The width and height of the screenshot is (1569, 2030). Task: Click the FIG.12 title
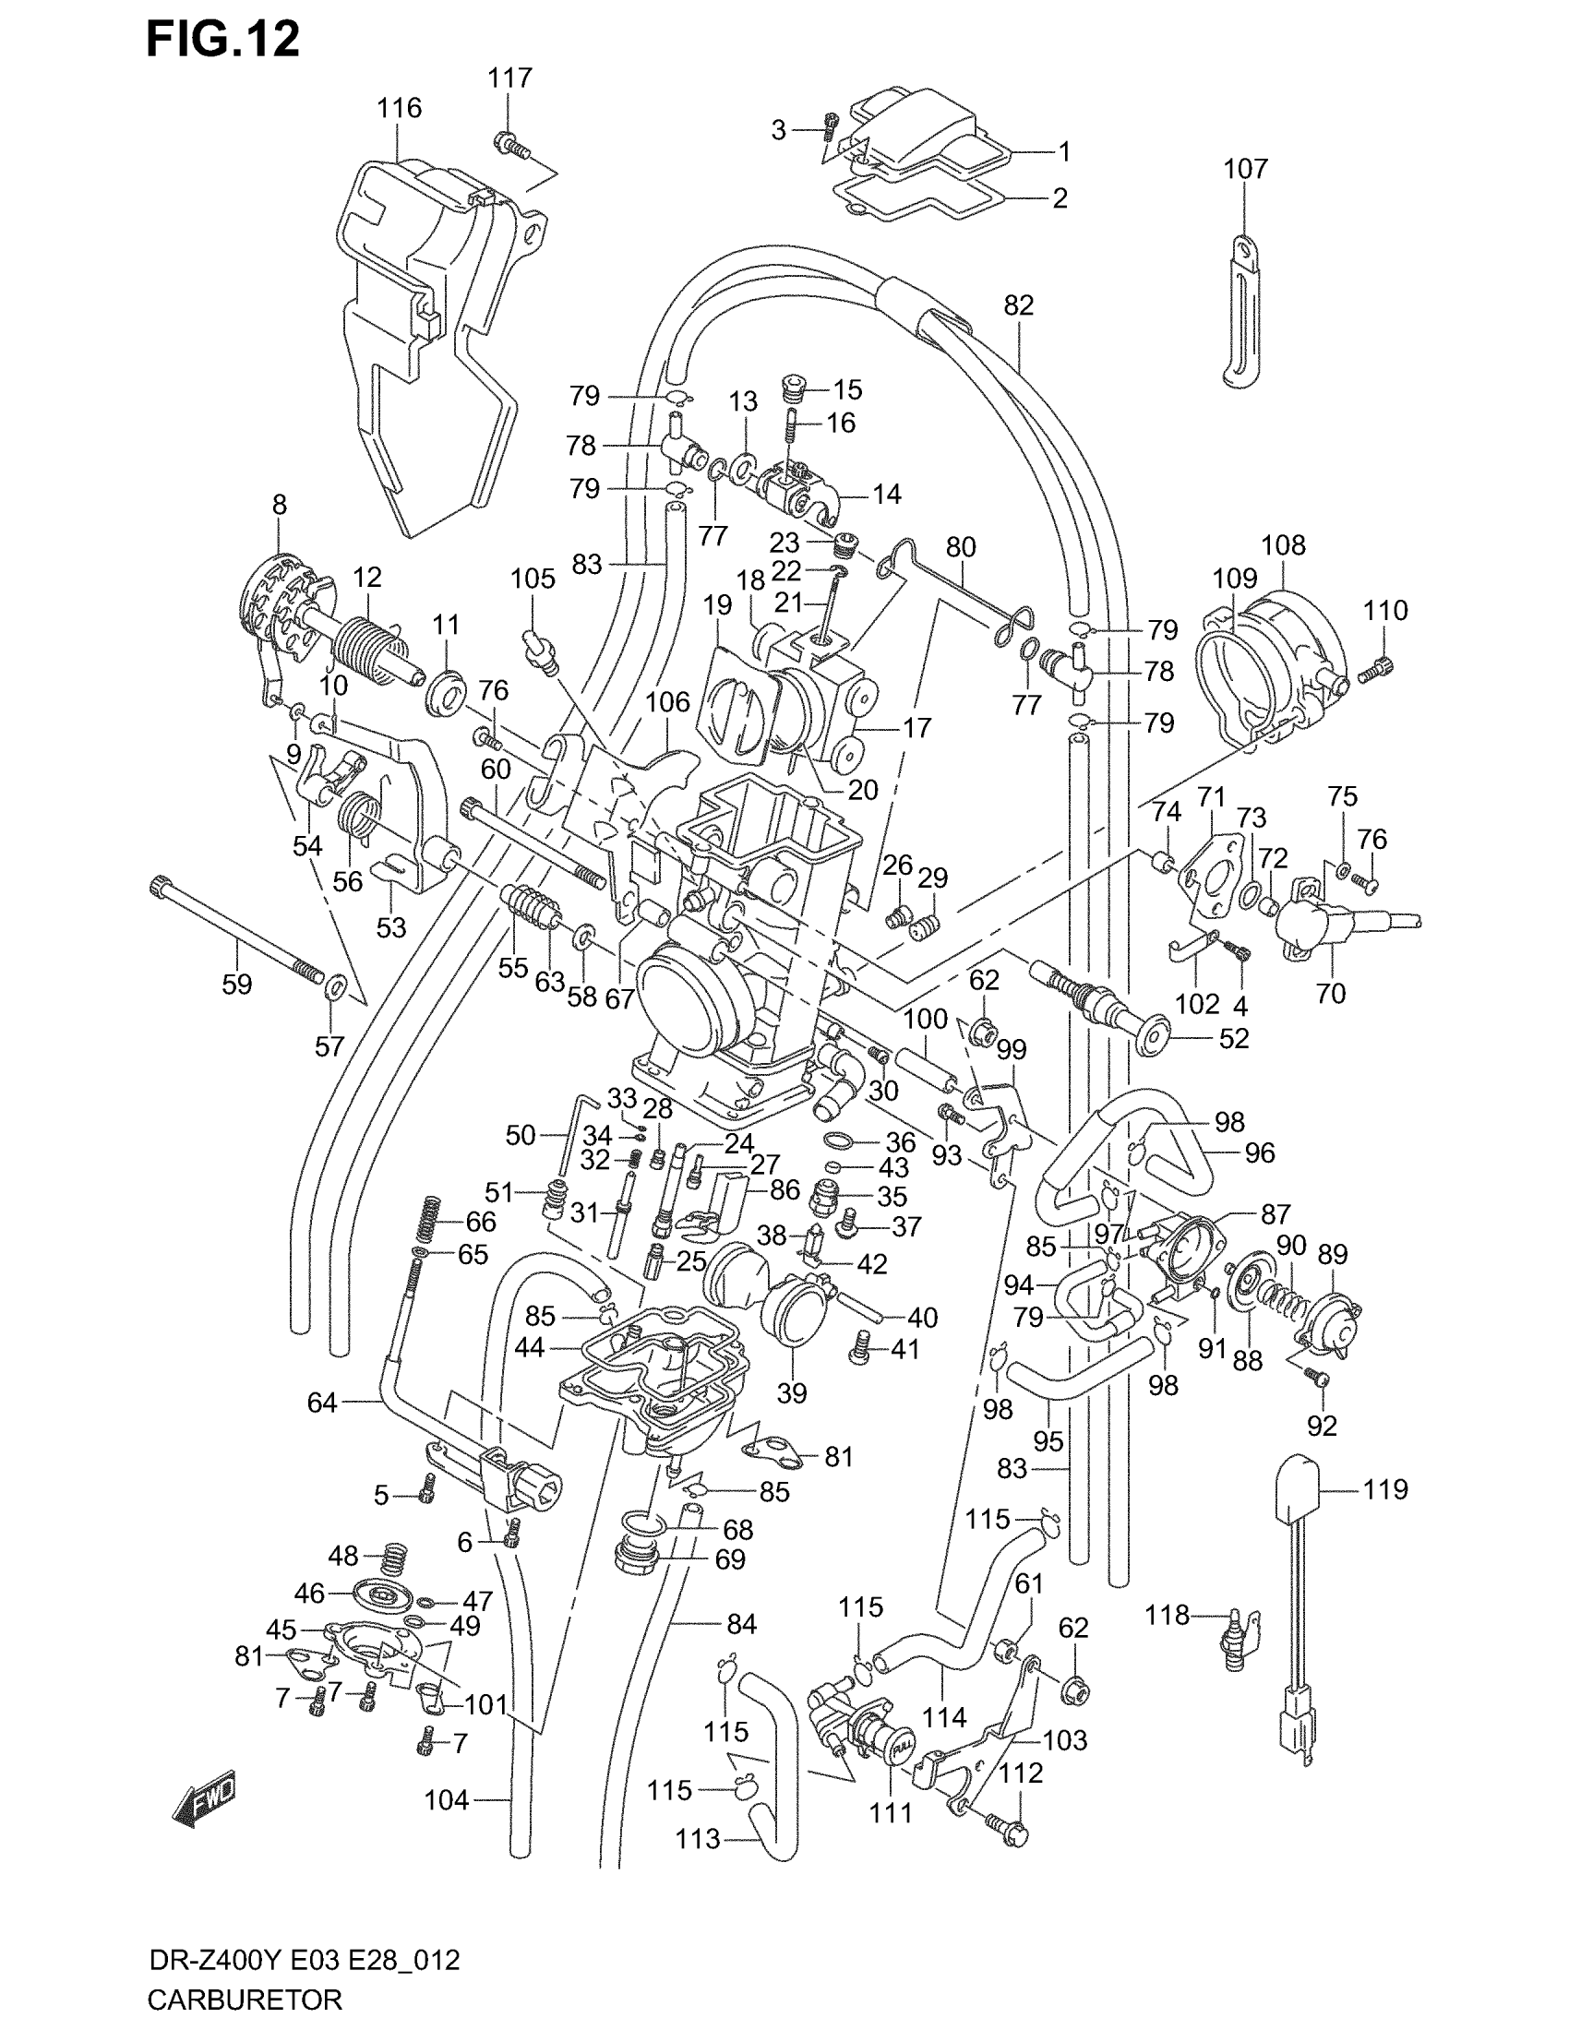(x=223, y=40)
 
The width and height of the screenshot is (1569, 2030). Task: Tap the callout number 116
(x=399, y=109)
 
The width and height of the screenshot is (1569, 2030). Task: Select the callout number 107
(x=1245, y=169)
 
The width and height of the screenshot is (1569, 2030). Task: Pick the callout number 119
(x=1386, y=1490)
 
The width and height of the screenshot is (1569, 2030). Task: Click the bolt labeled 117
(x=510, y=144)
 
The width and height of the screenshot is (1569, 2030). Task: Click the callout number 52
(x=1233, y=1038)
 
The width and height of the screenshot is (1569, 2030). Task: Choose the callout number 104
(x=446, y=1800)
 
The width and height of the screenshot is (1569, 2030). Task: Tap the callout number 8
(x=280, y=505)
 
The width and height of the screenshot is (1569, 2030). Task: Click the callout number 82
(x=1019, y=304)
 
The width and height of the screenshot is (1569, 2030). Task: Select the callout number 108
(x=1283, y=545)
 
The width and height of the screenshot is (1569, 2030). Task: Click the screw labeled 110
(x=1377, y=669)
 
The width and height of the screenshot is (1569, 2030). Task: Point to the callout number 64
(x=322, y=1403)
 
